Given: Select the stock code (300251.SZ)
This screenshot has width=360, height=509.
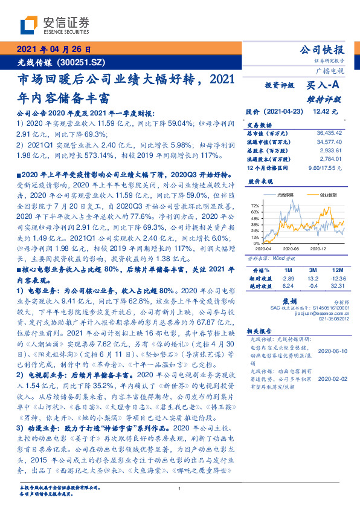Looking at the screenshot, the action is pos(82,62).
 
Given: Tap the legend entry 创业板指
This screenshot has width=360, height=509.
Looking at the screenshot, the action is pos(329,195).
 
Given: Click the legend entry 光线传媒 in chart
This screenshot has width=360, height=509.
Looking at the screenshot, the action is pos(286,195).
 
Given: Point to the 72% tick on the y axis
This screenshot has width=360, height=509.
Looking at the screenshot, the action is pos(254,207).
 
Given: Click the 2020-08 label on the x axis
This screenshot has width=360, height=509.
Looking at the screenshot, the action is pos(291,248).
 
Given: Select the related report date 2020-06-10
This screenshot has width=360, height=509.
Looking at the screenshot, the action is pos(329,351).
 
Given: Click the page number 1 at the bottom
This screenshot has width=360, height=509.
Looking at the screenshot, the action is pos(180,490).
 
